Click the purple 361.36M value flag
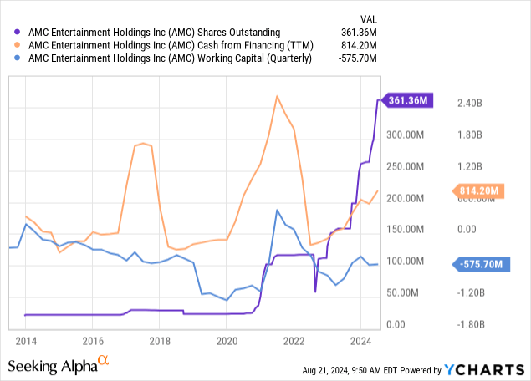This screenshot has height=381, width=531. pos(409,101)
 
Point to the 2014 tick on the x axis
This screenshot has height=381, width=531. pos(25,341)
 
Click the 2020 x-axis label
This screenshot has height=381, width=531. pos(227,341)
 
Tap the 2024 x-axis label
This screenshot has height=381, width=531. pos(360,341)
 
